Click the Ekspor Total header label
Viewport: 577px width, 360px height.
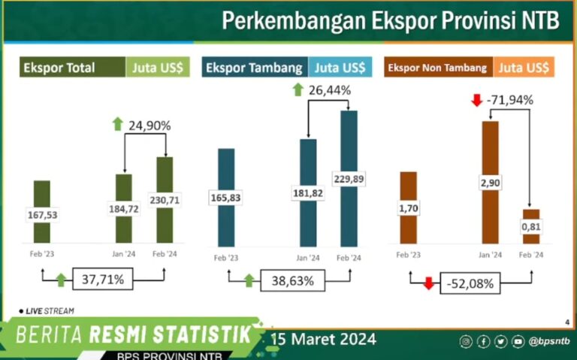click(x=60, y=68)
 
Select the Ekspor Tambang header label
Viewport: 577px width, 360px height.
click(x=254, y=68)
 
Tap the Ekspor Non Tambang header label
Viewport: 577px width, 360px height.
click(x=439, y=68)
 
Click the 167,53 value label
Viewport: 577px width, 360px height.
click(x=43, y=216)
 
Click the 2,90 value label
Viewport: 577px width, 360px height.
click(x=490, y=183)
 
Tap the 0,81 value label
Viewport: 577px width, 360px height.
click(x=531, y=226)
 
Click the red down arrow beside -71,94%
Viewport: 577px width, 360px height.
click(x=475, y=99)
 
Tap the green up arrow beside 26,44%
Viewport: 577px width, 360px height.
click(x=298, y=90)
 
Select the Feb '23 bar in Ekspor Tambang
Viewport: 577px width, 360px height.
click(x=225, y=195)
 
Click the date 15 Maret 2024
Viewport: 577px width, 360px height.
click(x=324, y=338)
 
